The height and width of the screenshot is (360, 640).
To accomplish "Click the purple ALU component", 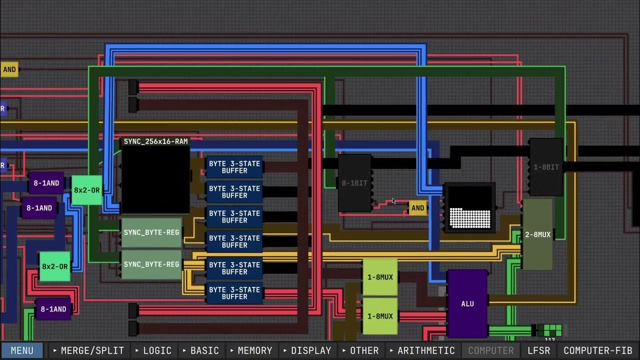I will point(467,303).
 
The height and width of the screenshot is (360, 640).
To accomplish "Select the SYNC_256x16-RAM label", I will point(155,141).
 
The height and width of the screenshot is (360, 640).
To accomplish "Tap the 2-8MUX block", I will point(537,234).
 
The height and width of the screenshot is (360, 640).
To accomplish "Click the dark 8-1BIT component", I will point(354,183).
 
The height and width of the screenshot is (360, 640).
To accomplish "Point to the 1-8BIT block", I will point(546,167).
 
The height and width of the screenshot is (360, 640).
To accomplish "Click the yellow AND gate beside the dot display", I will point(417,208).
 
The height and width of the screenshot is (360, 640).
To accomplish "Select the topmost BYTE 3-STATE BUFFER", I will point(234,167).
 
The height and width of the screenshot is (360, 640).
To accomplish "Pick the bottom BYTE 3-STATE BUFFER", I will point(234,293).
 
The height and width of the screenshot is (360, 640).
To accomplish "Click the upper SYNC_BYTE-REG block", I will point(151,232).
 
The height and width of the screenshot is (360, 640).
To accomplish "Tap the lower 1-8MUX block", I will point(380,316).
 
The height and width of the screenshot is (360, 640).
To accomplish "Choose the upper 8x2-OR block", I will point(87,190).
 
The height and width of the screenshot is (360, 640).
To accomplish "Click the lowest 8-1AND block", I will point(53,309).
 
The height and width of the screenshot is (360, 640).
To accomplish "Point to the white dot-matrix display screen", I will point(469,207).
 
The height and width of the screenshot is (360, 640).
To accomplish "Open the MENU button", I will point(22,350).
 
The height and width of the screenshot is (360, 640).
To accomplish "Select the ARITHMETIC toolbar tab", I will point(422,350).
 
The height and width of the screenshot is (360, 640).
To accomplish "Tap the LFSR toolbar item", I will point(538,350).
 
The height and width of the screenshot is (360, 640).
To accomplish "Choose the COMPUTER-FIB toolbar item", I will point(597,350).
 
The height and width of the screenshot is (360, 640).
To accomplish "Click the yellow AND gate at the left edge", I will point(9,69).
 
